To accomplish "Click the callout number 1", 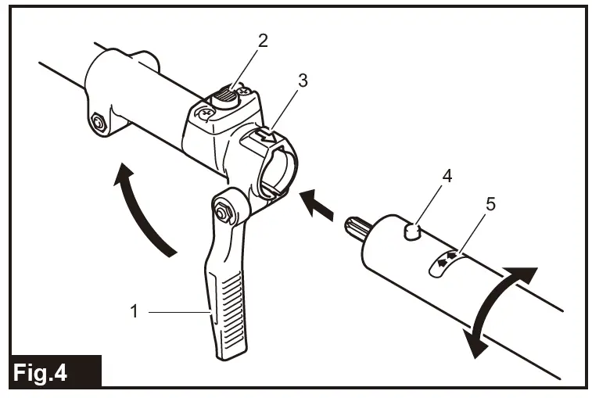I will coord(134,311).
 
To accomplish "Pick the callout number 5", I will coord(490,205).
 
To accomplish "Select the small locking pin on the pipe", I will coord(412,231).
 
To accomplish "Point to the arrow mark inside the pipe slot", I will coord(444,263).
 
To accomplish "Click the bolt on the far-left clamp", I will coord(99,122).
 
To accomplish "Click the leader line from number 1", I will coord(180,311).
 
